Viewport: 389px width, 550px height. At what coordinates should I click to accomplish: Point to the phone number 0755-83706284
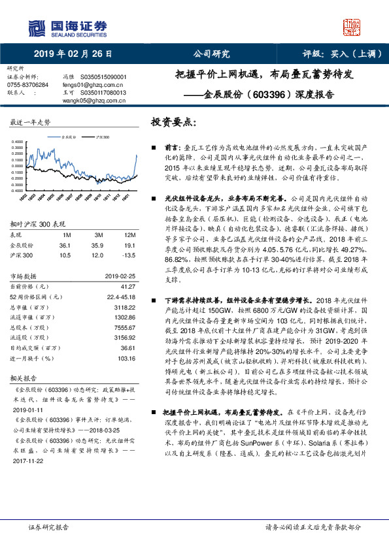coord(27,85)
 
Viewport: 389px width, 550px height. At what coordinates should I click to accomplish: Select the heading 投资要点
coord(173,122)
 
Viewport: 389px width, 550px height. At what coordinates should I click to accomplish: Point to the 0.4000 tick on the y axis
coord(20,142)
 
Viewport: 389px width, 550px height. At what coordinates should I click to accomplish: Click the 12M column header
coord(129,234)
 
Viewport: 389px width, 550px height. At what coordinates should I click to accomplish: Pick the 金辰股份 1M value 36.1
coord(65,245)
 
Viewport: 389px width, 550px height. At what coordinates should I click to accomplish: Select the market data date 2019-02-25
coord(121,276)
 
